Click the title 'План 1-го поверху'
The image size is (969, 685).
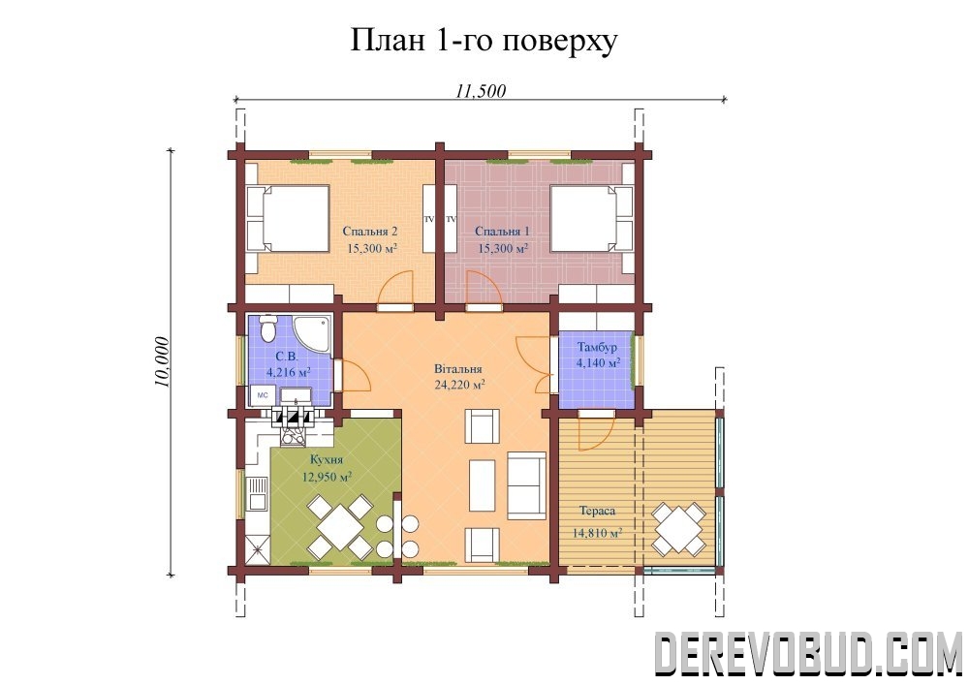point(484,40)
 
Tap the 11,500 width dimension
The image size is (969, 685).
point(481,91)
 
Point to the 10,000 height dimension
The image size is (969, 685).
point(161,362)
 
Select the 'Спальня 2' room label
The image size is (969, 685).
point(369,232)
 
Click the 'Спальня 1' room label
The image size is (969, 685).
point(502,232)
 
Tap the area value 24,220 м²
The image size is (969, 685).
point(459,386)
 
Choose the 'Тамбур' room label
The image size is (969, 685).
point(597,348)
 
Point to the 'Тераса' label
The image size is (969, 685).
point(598,512)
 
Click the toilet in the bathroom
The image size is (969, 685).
point(267,328)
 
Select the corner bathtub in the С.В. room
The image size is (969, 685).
point(313,335)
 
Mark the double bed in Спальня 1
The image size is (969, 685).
point(591,219)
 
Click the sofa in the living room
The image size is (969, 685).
point(526,485)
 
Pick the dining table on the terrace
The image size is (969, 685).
point(679,529)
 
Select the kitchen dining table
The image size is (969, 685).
point(340,526)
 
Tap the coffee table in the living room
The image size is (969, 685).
point(482,485)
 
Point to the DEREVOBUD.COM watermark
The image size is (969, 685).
point(808,653)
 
